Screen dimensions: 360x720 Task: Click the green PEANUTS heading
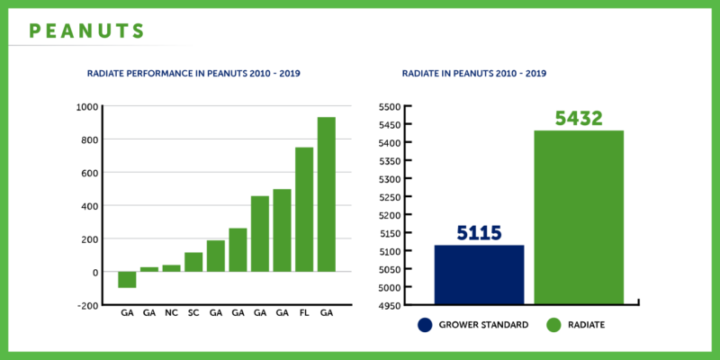[86, 31]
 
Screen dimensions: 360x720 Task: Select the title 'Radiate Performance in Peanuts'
[193, 74]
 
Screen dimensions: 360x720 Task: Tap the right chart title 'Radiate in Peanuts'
[473, 74]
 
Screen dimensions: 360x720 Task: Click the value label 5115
[479, 232]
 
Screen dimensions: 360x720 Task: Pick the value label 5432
[579, 119]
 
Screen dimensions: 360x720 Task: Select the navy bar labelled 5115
[479, 274]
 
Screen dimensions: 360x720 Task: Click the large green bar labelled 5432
[579, 216]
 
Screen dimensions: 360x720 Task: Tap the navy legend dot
[425, 325]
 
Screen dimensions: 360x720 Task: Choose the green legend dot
[553, 325]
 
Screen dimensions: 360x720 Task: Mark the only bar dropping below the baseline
[127, 280]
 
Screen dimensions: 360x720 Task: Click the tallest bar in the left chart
[327, 193]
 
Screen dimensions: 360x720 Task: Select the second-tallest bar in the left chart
[304, 209]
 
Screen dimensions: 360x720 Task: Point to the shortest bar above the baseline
[149, 268]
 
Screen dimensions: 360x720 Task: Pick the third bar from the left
[171, 267]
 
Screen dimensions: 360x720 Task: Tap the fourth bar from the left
[193, 261]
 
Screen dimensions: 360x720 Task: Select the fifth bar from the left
[216, 255]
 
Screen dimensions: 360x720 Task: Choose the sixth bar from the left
[238, 248]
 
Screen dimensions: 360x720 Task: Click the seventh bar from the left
[260, 233]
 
